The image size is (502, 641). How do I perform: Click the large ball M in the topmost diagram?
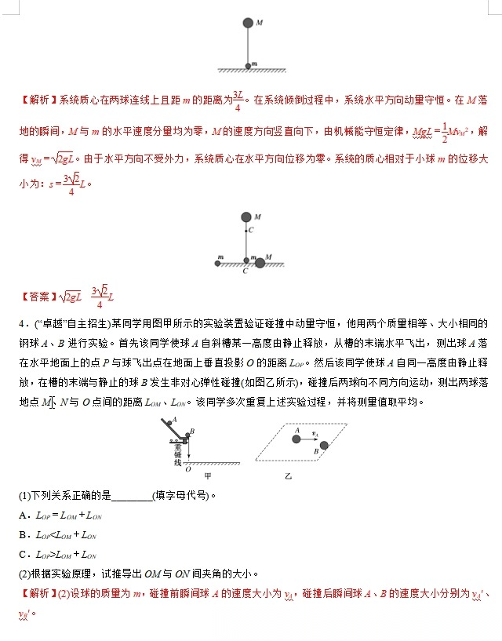[x=249, y=23]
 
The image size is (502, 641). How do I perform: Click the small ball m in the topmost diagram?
[x=249, y=65]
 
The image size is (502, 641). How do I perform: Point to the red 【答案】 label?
[x=38, y=297]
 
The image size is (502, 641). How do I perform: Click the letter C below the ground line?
[x=246, y=271]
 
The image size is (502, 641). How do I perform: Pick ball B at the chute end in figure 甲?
[x=187, y=434]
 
